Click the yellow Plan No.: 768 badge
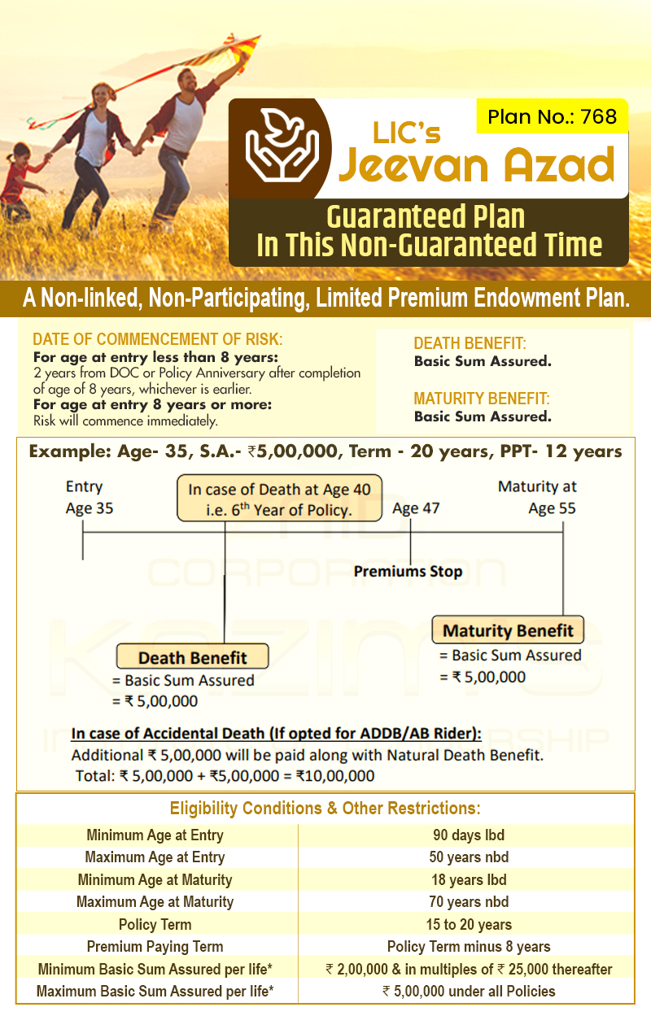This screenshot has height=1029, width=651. click(x=552, y=116)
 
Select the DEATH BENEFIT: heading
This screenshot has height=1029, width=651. click(x=470, y=343)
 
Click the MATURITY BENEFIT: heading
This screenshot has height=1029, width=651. click(x=482, y=399)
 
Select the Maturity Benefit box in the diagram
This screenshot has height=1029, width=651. click(x=508, y=630)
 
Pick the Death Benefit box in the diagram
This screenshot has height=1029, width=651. click(x=192, y=657)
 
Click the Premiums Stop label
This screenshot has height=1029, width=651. click(x=408, y=571)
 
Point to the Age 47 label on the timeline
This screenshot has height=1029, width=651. click(x=416, y=508)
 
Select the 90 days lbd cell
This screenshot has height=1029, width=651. click(x=468, y=835)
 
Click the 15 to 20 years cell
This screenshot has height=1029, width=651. click(x=469, y=924)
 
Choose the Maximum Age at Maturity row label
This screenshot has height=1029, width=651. click(x=155, y=901)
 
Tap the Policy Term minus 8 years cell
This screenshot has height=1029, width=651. click(x=469, y=946)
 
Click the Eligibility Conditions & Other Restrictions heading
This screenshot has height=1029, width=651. click(x=325, y=809)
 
